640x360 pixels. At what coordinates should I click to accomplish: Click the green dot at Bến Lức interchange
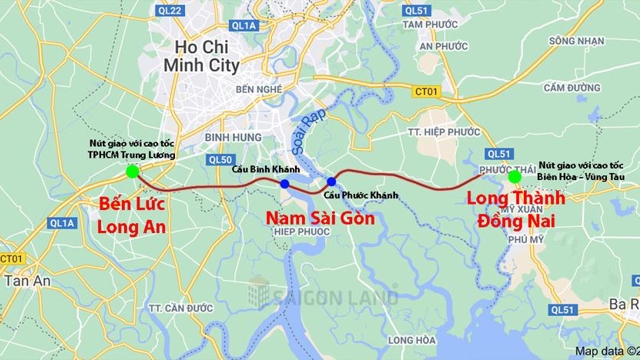[132, 171]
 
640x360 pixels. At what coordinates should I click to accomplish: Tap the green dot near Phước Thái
[514, 177]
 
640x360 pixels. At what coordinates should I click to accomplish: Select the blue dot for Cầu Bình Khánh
[285, 184]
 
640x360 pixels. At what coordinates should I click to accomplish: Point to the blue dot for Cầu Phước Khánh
[331, 182]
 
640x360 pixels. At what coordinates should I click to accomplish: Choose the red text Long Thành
[516, 198]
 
